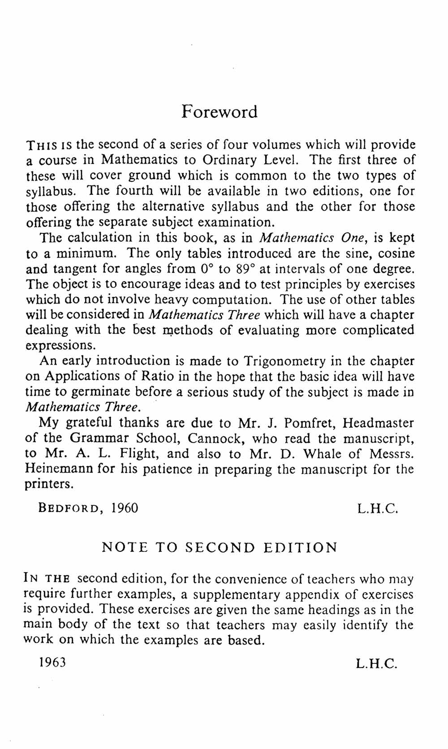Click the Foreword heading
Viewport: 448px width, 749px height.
point(220,112)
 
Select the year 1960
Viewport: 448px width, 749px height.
point(125,508)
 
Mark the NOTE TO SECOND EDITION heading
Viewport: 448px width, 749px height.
point(220,547)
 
